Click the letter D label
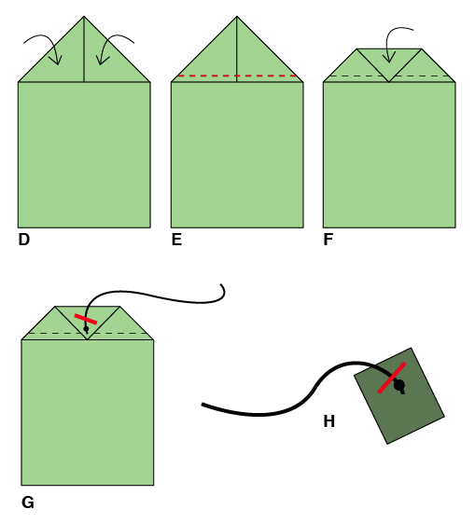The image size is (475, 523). (24, 240)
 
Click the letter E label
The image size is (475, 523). (176, 240)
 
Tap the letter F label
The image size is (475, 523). (328, 240)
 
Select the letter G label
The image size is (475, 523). (28, 502)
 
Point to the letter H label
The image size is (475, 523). (329, 421)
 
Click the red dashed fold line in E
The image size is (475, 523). (237, 76)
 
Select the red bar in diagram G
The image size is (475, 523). (86, 319)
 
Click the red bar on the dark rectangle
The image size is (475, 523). (392, 378)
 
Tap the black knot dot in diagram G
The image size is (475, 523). (86, 329)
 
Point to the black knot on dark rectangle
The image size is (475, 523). (399, 385)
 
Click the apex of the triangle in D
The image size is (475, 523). (84, 16)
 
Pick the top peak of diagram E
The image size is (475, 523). (237, 16)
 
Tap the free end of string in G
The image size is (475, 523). (221, 284)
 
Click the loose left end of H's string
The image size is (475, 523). (203, 405)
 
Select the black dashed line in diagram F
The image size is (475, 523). (389, 76)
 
